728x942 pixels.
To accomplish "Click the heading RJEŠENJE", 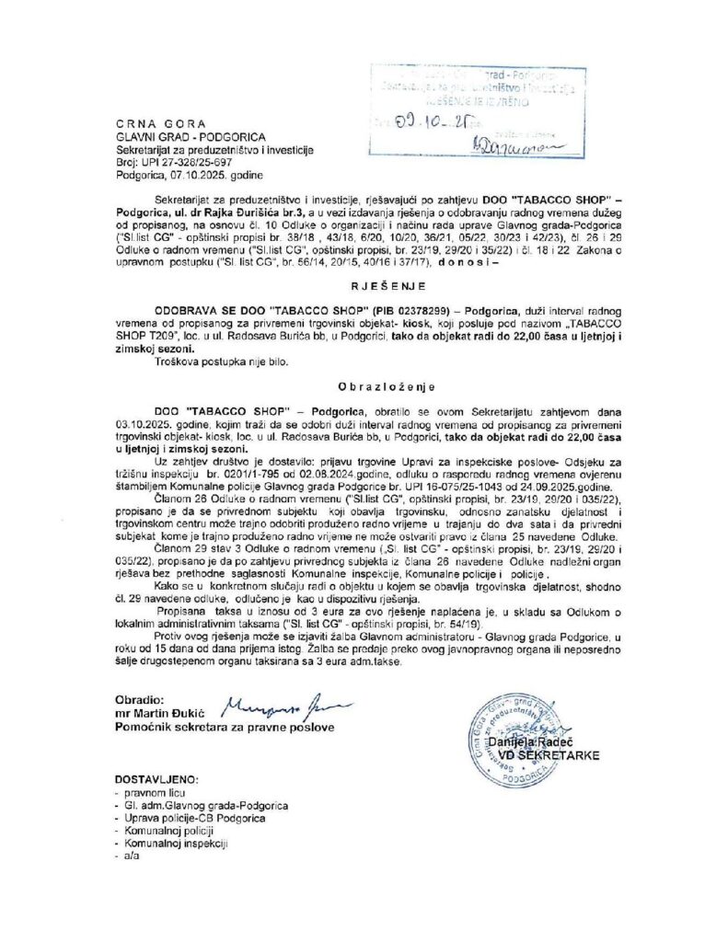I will (x=364, y=285).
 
